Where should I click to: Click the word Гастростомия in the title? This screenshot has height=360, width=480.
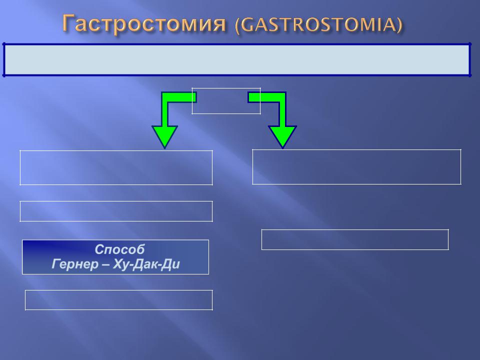point(144,23)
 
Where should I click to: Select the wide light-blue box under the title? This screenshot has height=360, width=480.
point(236,59)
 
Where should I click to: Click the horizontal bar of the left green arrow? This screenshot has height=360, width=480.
point(179,97)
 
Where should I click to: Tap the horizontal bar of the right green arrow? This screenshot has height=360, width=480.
point(267,97)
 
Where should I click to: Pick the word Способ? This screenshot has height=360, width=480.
point(119,249)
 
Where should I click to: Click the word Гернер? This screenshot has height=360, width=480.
point(75,264)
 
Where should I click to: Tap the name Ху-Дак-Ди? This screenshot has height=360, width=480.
point(146,264)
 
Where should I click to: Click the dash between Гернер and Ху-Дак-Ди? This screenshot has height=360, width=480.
point(105,265)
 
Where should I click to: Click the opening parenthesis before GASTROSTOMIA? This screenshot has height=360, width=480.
point(238,25)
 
